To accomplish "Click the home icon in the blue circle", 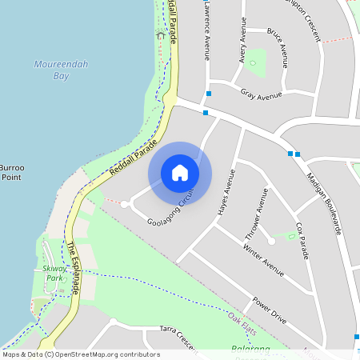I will (x=180, y=173).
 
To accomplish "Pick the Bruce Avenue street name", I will (x=279, y=49).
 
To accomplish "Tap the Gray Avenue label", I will (x=262, y=95).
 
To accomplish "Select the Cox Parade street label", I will (x=302, y=240).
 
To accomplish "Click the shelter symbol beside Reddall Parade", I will (x=160, y=34).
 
